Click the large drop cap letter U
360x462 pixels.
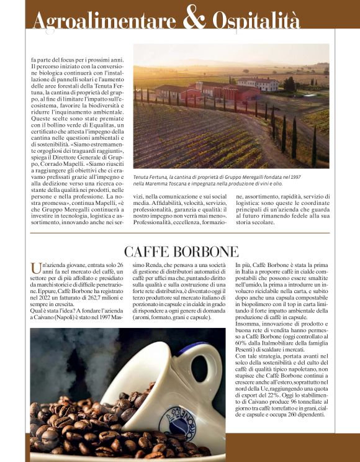point(36,269)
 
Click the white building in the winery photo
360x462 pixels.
point(257,84)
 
